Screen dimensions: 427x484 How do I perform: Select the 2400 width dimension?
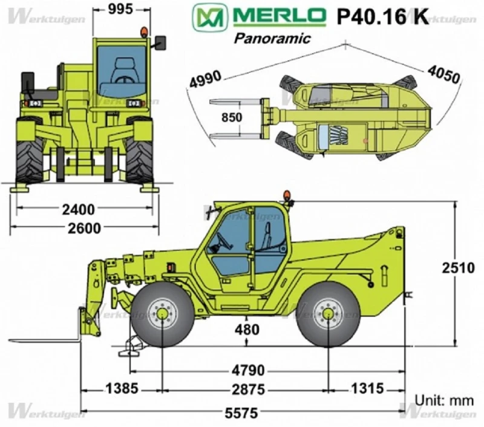[x=78, y=209]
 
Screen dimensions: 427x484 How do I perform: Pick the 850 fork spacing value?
[x=232, y=117]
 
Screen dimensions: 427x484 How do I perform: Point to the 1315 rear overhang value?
[x=367, y=388]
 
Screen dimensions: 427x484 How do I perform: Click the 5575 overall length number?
[x=241, y=413]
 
